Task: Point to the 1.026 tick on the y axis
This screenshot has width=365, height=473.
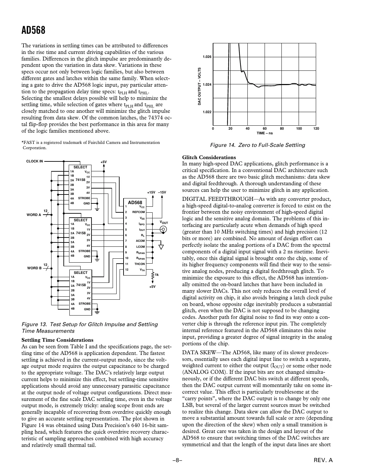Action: (207, 57)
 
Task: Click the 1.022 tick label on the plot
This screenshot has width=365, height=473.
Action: (207, 112)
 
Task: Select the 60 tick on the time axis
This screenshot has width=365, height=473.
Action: (265, 128)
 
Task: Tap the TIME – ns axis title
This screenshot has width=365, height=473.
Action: (265, 133)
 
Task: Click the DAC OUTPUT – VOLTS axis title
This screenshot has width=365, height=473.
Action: (200, 86)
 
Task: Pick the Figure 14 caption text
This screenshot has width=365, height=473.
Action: (258, 145)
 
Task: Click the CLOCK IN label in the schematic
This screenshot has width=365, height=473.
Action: (34, 161)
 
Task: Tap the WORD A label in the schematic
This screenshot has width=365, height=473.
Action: (34, 215)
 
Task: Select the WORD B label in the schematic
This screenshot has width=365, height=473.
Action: (34, 268)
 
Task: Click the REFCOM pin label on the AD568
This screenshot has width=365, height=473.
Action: (138, 212)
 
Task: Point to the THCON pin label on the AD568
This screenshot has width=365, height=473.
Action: (139, 264)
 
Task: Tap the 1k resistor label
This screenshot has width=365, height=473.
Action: (157, 275)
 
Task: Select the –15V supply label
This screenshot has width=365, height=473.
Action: (162, 192)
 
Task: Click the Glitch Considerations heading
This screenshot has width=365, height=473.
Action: (209, 157)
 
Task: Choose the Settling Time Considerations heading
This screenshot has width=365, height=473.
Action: (57, 340)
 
